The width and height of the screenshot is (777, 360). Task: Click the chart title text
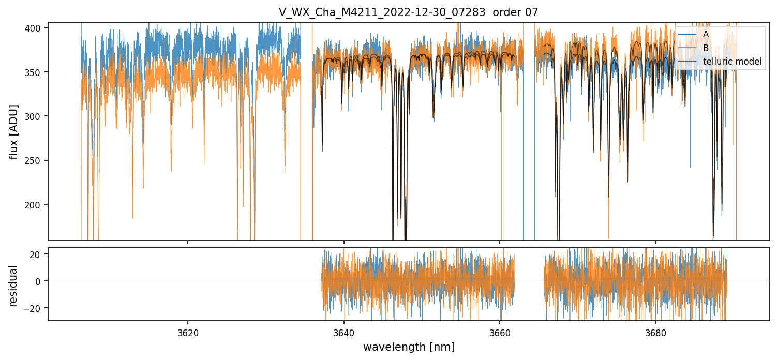tap(408, 12)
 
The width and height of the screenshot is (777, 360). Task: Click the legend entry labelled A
tap(706, 34)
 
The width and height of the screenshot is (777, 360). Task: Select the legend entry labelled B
tap(706, 48)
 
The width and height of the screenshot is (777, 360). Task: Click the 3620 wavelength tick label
tap(188, 331)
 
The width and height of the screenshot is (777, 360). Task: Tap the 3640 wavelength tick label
tap(344, 331)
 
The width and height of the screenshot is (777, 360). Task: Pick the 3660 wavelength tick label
tap(500, 331)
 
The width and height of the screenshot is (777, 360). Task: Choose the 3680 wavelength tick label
tap(656, 331)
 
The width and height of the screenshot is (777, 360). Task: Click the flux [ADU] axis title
tap(14, 132)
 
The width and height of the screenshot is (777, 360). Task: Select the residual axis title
tap(14, 286)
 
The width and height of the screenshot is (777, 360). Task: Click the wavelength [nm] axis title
tap(409, 347)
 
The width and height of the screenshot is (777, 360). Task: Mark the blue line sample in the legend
tap(687, 34)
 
